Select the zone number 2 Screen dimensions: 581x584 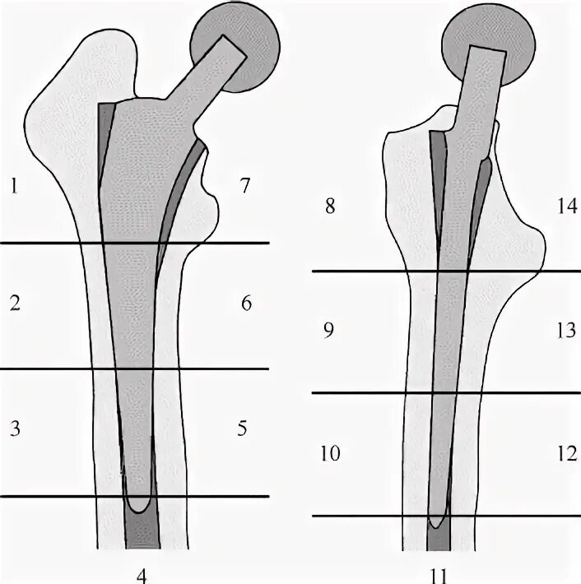click(x=14, y=304)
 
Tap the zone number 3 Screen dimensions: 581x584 click(x=14, y=428)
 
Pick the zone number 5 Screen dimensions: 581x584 click(x=242, y=428)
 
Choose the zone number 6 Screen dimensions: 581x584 click(x=245, y=304)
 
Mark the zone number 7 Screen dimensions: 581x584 click(x=244, y=186)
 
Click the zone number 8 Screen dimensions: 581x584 click(x=329, y=206)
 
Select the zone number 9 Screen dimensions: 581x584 click(x=329, y=331)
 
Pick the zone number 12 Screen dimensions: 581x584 click(x=565, y=454)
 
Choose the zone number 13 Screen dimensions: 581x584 click(x=565, y=331)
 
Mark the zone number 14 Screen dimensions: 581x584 click(x=567, y=206)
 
